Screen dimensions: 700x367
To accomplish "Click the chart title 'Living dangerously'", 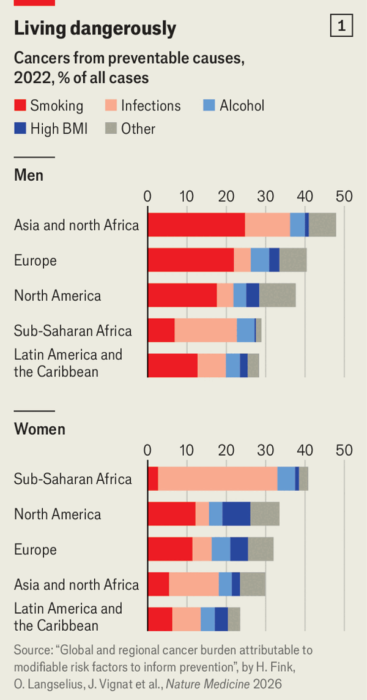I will pos(95,28).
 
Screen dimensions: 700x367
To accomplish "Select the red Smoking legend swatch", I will pos(20,105).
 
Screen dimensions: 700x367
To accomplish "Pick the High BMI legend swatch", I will pos(20,129).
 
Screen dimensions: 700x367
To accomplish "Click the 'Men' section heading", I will pos(29,175).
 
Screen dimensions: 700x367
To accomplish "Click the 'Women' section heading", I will pos(39,429).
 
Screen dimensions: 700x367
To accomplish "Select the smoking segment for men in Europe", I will pos(191,260).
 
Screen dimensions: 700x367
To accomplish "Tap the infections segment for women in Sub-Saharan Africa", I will pos(217,478).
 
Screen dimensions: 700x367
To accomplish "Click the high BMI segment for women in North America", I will pos(236,514).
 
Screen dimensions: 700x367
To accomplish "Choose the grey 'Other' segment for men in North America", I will pos(277,295).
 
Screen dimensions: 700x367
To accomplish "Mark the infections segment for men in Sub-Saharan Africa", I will pos(206,331).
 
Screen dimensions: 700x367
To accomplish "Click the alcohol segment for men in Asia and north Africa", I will pos(297,225).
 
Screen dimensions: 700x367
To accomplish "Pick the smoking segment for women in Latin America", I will pos(160,619).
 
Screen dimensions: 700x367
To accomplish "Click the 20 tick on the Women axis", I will pos(226,450).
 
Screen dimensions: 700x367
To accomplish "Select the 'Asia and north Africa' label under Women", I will pos(76,584).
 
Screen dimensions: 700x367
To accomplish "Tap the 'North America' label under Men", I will pos(57,295).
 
